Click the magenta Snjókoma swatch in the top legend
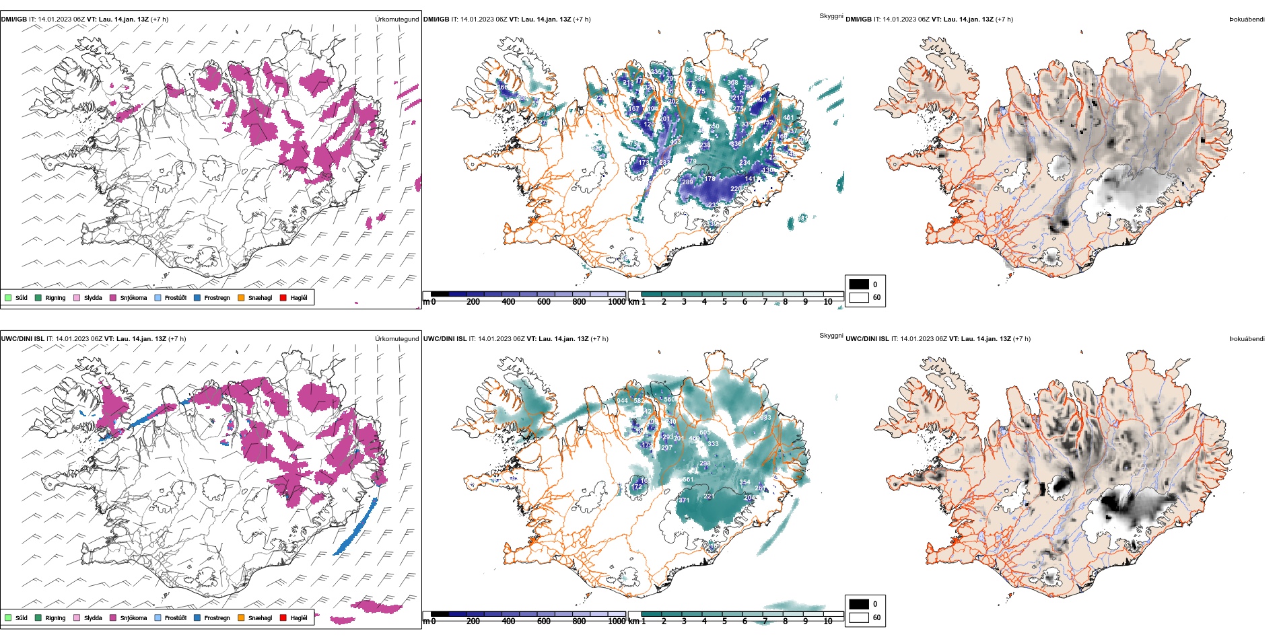pyautogui.click(x=113, y=297)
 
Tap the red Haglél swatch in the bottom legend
pyautogui.click(x=283, y=617)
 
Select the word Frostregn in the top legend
pyautogui.click(x=217, y=298)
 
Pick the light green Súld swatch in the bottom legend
pyautogui.click(x=8, y=617)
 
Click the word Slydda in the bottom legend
pyautogui.click(x=93, y=618)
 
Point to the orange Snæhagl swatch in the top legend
pyautogui.click(x=241, y=297)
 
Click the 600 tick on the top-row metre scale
pyautogui.click(x=543, y=302)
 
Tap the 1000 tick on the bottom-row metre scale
pyautogui.click(x=617, y=622)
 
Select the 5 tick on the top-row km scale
pyautogui.click(x=724, y=302)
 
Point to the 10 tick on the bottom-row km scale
pyautogui.click(x=827, y=622)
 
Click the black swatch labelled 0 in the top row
pyautogui.click(x=858, y=284)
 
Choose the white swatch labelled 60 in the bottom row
pyautogui.click(x=858, y=617)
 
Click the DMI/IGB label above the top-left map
pyautogui.click(x=14, y=20)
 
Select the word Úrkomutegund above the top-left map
pyautogui.click(x=396, y=20)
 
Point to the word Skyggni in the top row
pyautogui.click(x=831, y=16)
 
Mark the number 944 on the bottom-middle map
pyautogui.click(x=622, y=401)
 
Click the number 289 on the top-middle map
pyautogui.click(x=687, y=182)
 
